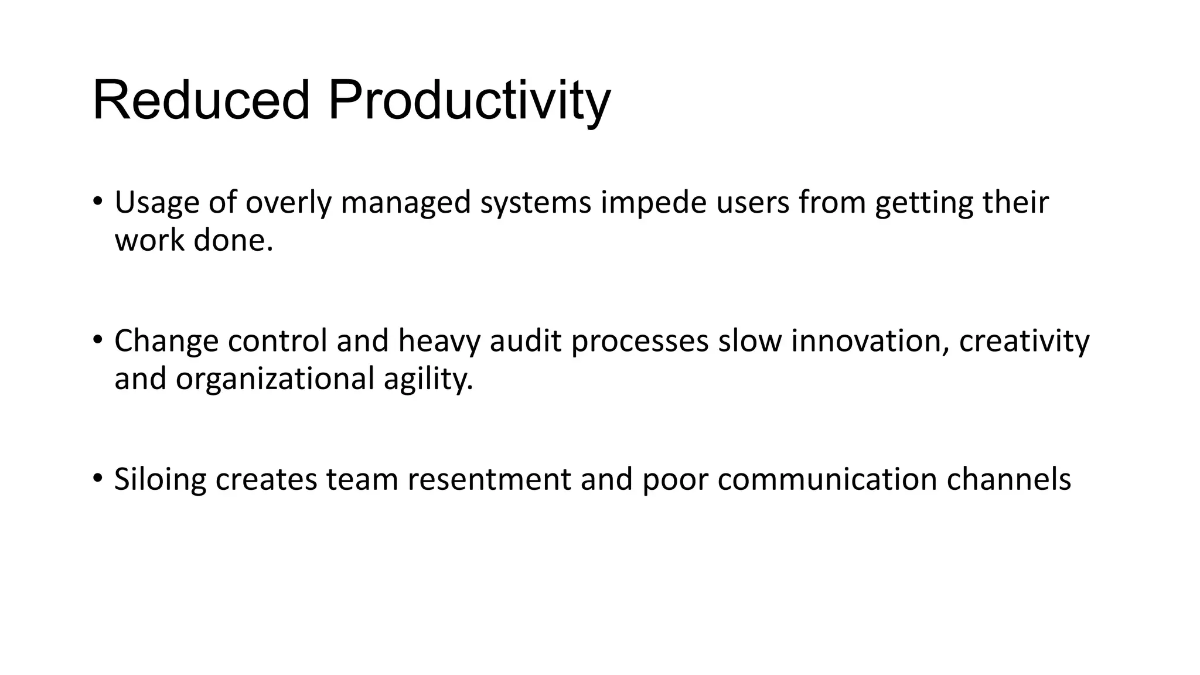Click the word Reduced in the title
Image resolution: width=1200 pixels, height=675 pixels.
[x=201, y=101]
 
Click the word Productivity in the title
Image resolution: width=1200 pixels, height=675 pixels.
[x=469, y=101]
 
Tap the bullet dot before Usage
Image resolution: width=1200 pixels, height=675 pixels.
[x=97, y=200]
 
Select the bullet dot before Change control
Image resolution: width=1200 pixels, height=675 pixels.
[x=97, y=339]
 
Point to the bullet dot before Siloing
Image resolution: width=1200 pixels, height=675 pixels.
[x=97, y=477]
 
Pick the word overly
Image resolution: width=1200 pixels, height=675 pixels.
[x=288, y=203]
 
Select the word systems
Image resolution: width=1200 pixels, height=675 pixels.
[x=536, y=203]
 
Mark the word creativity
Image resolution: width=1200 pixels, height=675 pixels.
[x=1024, y=341]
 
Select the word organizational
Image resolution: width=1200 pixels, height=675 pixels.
[x=275, y=379]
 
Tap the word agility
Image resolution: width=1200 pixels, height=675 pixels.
[x=428, y=379]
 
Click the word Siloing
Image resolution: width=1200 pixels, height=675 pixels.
[x=160, y=479]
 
